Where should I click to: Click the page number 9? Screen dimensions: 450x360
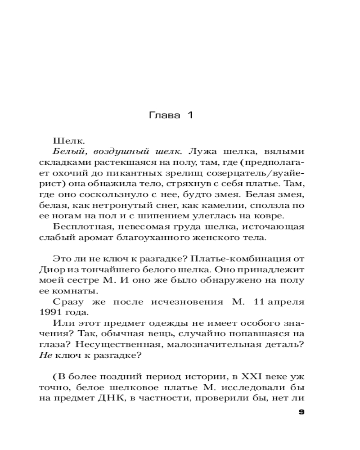click(x=301, y=413)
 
